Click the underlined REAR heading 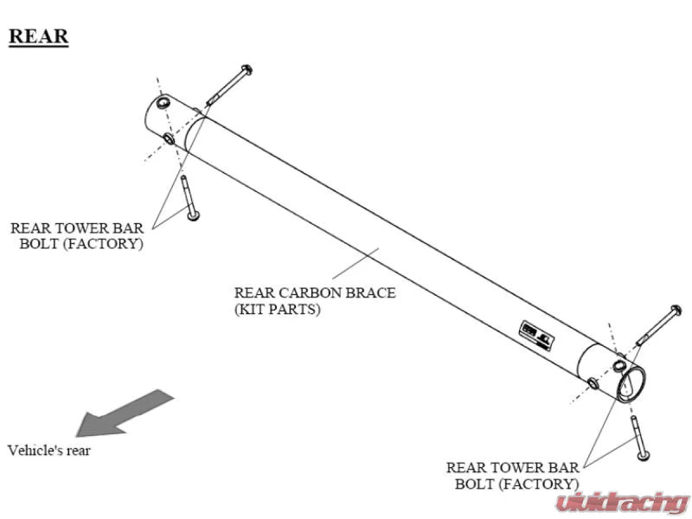pyautogui.click(x=39, y=36)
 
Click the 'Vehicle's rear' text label pyautogui.click(x=49, y=450)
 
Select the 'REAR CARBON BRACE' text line pyautogui.click(x=315, y=292)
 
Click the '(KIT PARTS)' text pyautogui.click(x=277, y=309)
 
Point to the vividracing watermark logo pyautogui.click(x=622, y=503)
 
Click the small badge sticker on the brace pyautogui.click(x=536, y=336)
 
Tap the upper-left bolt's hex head pyautogui.click(x=247, y=70)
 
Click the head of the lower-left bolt pyautogui.click(x=193, y=215)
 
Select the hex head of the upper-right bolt pyautogui.click(x=676, y=311)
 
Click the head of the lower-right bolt pyautogui.click(x=644, y=455)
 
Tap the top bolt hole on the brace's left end pyautogui.click(x=163, y=103)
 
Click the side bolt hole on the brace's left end pyautogui.click(x=169, y=139)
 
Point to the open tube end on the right pyautogui.click(x=631, y=383)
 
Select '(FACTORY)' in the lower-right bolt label pyautogui.click(x=539, y=484)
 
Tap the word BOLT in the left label pyautogui.click(x=40, y=244)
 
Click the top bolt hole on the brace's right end pyautogui.click(x=619, y=365)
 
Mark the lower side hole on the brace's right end pyautogui.click(x=593, y=383)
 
